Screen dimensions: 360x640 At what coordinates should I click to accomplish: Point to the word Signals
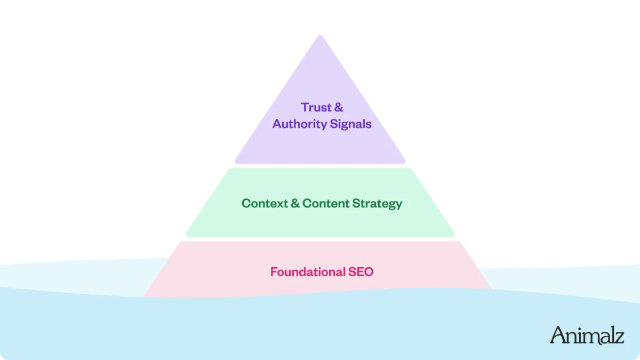coord(351,124)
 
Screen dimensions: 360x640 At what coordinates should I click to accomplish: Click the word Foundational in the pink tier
coord(308,272)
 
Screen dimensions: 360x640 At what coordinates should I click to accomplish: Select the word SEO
coord(361,272)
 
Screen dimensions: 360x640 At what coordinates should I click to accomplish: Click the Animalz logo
coord(587,335)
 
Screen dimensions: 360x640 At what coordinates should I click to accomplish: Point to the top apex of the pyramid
coord(320,36)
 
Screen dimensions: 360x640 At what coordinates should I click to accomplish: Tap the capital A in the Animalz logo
coord(558,334)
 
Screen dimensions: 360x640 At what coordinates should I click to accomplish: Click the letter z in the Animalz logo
coord(619,337)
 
